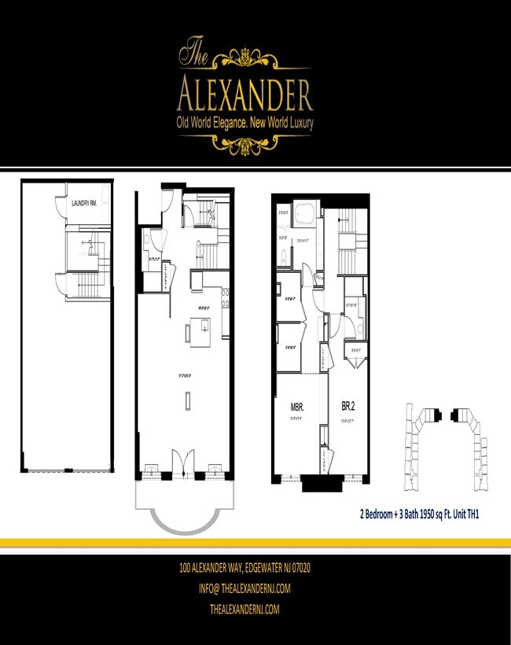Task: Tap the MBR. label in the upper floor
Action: coord(297,407)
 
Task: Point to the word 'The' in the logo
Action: coord(193,53)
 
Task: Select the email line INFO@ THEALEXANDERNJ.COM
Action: coord(246,588)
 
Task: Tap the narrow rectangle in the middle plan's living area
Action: coord(187,400)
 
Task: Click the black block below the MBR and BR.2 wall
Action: coord(321,483)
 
